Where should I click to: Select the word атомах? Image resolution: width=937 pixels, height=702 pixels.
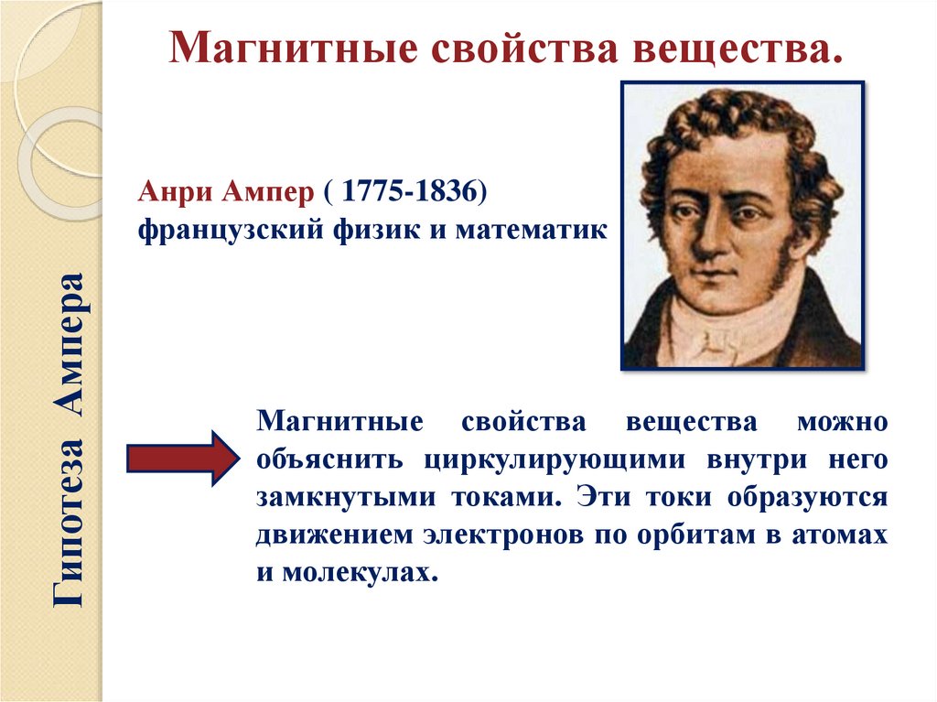(x=838, y=535)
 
